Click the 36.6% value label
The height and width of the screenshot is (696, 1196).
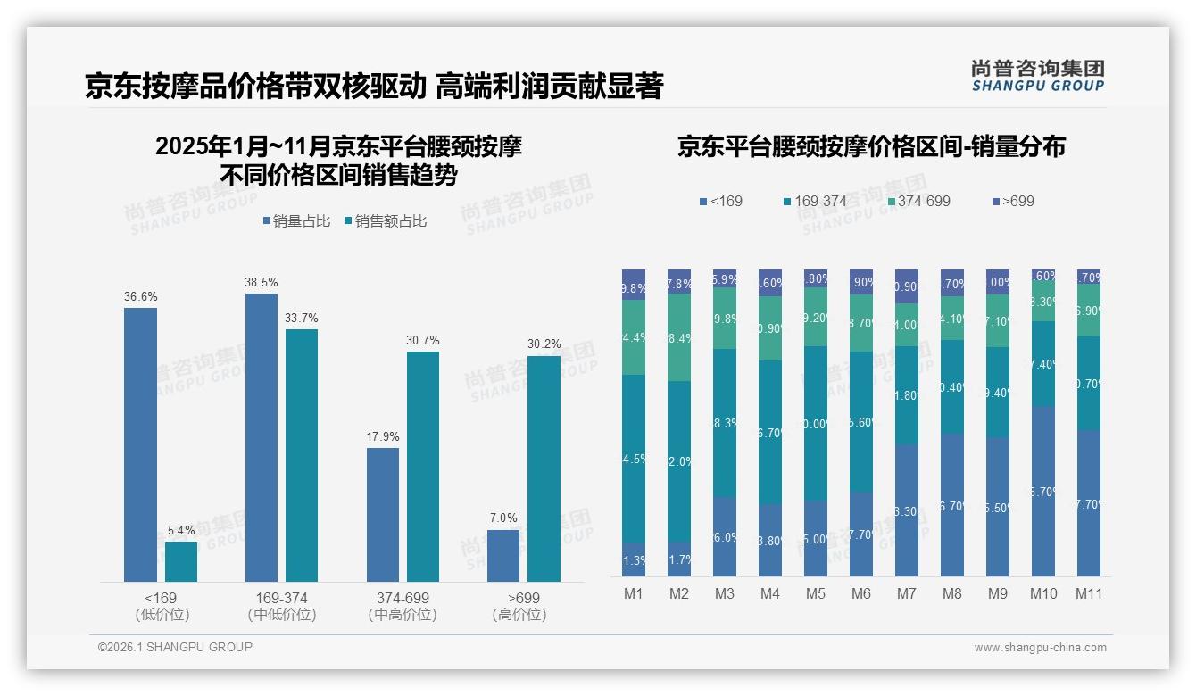tap(140, 296)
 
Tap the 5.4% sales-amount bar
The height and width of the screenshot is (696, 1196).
tap(181, 561)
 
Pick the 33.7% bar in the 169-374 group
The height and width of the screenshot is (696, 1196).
tap(302, 455)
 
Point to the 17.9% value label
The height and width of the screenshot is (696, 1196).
tap(383, 436)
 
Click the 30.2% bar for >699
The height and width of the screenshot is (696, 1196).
tap(544, 468)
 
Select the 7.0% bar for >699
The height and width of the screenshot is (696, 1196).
tap(503, 555)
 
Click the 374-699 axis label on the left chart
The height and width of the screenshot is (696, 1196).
tap(403, 598)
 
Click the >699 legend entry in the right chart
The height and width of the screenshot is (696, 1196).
tap(1013, 201)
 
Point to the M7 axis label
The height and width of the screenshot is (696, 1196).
tap(907, 592)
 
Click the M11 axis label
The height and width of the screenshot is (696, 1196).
tap(1089, 592)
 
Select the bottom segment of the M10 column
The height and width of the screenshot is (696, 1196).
tap(1043, 491)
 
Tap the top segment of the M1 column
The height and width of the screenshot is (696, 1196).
tap(634, 285)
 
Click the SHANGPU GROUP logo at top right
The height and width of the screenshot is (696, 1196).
tap(1038, 76)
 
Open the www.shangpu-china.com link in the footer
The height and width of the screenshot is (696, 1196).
tap(1040, 648)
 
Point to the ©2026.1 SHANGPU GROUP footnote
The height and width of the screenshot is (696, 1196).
tap(175, 647)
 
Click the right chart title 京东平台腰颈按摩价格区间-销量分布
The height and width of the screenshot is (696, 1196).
tap(871, 147)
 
